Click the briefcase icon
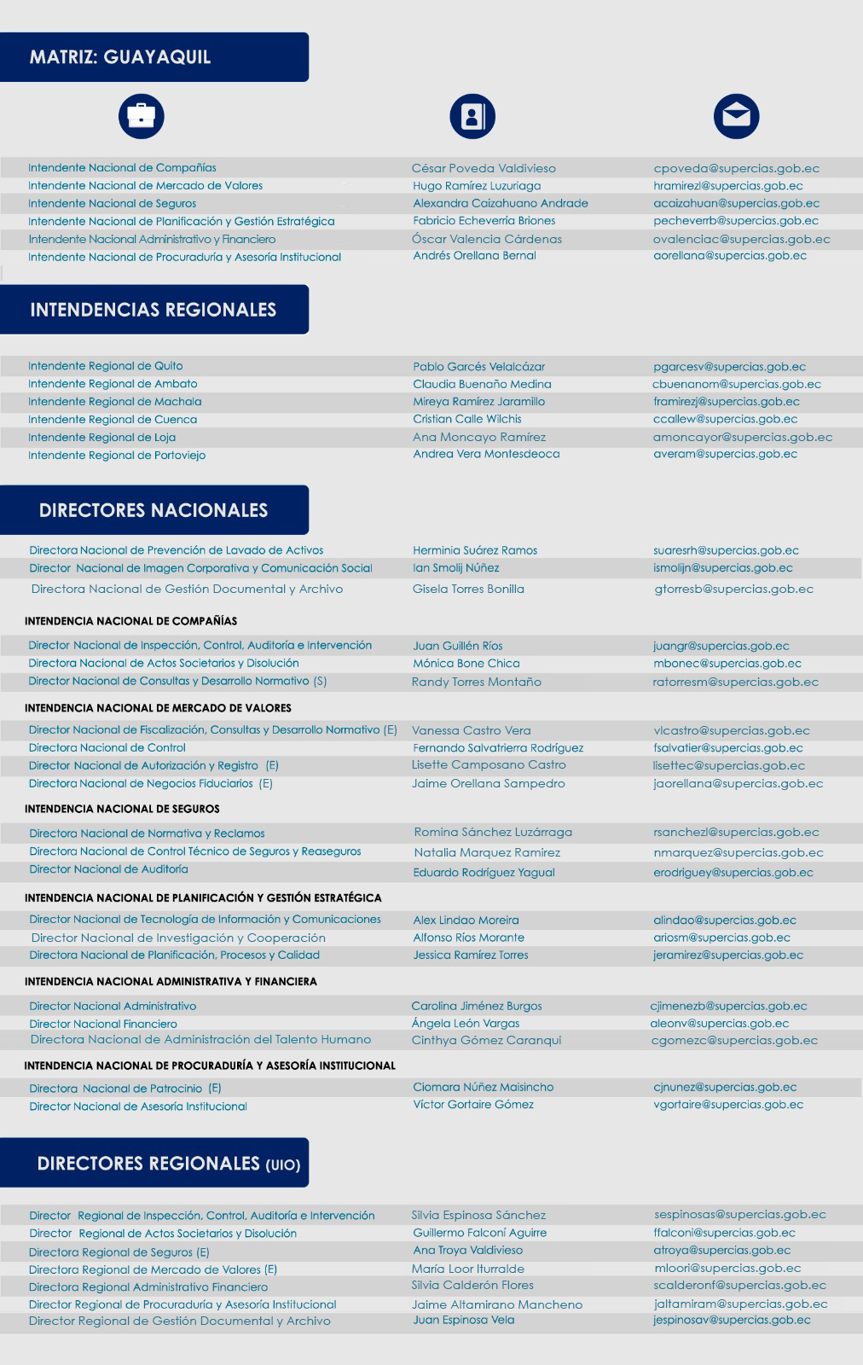[141, 116]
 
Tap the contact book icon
[472, 116]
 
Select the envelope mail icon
[736, 116]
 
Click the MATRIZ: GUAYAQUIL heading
[120, 57]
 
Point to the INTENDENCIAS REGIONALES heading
[153, 310]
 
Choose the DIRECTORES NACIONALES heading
[153, 510]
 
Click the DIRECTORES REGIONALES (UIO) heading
[168, 1164]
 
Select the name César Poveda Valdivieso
[484, 168]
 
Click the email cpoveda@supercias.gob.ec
[736, 168]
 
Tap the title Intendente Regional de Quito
[106, 366]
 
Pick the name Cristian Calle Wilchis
[467, 419]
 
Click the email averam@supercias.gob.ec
[725, 454]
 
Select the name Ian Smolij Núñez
[456, 567]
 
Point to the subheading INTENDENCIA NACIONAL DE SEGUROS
[122, 809]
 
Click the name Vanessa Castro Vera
[471, 730]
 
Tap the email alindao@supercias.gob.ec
[725, 920]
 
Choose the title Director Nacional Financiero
[103, 1024]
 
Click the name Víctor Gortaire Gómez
[473, 1104]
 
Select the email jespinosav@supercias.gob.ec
[732, 1320]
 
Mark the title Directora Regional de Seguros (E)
[119, 1252]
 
